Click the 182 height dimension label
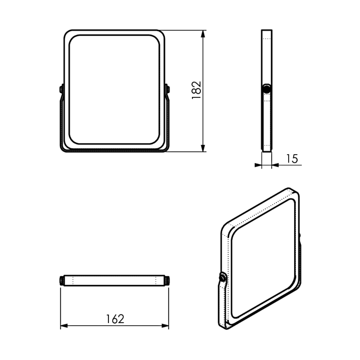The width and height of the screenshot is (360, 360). coord(197,90)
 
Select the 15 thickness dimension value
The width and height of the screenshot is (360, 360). coord(292,159)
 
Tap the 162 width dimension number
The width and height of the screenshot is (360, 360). coord(115,319)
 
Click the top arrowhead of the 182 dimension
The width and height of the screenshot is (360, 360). coord(203,34)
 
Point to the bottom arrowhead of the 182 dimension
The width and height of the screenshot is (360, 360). coord(203,148)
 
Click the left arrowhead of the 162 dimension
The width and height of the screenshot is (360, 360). coord(64,326)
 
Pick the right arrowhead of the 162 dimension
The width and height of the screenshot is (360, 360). coord(165,326)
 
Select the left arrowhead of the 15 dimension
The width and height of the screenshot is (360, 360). coord(258,165)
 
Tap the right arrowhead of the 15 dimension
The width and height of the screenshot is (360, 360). coord(275,165)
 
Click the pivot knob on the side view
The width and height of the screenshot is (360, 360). coord(266,89)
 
